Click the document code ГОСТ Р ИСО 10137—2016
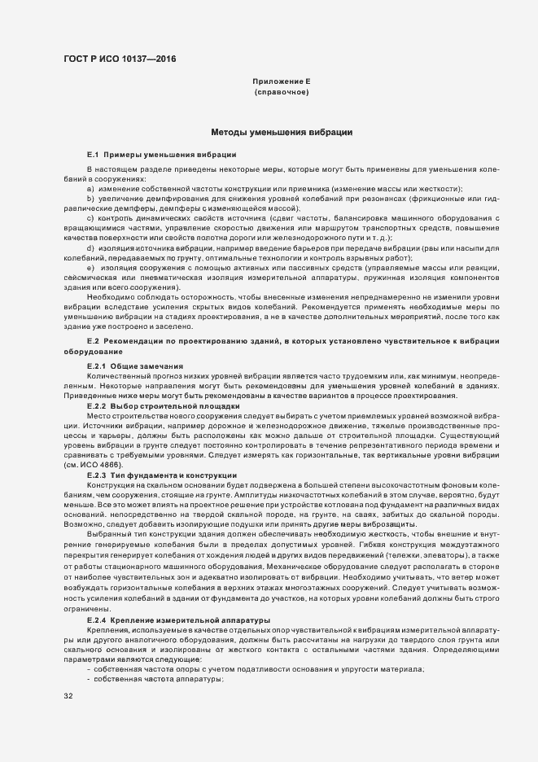(119, 59)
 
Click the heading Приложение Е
(281, 82)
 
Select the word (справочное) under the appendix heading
(281, 93)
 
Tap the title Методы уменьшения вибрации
(281, 132)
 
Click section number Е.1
(92, 154)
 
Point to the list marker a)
(90, 189)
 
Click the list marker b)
(90, 199)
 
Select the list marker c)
(90, 217)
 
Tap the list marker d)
(90, 247)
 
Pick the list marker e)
(90, 267)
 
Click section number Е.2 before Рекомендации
(92, 339)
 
